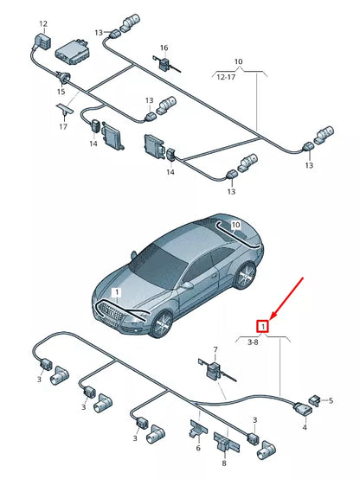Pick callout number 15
(61, 92)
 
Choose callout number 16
(164, 48)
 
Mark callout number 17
(63, 127)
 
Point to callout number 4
(304, 426)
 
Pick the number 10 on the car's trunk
(235, 226)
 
